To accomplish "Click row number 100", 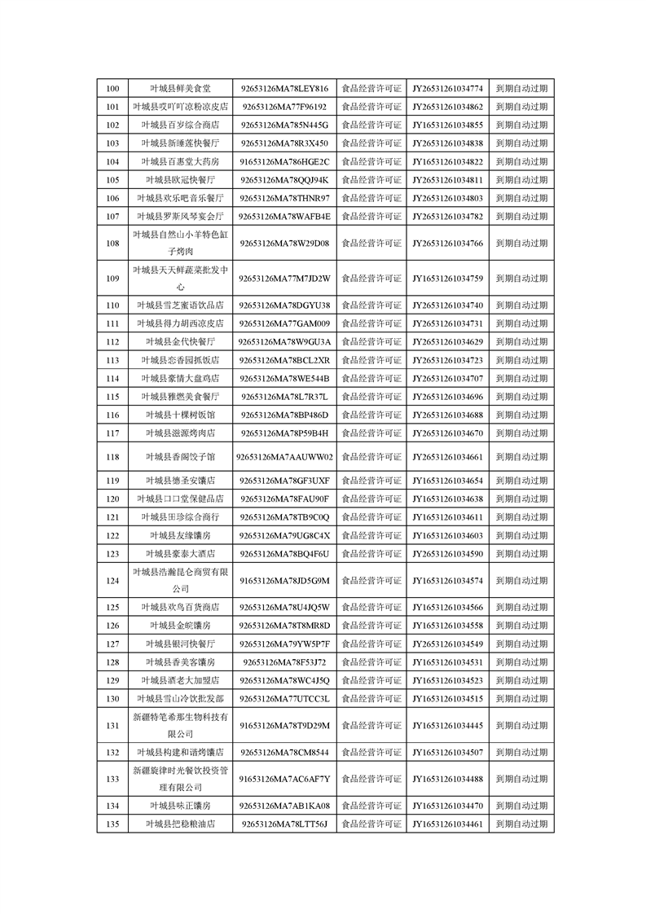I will [x=112, y=88].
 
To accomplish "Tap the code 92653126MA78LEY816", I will [x=284, y=88].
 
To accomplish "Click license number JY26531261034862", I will [x=447, y=107].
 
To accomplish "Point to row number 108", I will [x=112, y=243].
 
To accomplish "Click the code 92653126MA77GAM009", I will [x=284, y=323].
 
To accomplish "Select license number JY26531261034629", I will [x=447, y=341].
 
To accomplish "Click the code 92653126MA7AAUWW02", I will [x=284, y=457].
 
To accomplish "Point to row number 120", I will [x=112, y=499].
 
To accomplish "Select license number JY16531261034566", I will [x=447, y=607].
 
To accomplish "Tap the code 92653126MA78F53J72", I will [x=284, y=661].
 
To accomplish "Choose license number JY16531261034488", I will [x=447, y=779].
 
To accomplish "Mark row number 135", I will [x=112, y=824].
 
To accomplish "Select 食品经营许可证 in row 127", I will [x=371, y=644].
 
